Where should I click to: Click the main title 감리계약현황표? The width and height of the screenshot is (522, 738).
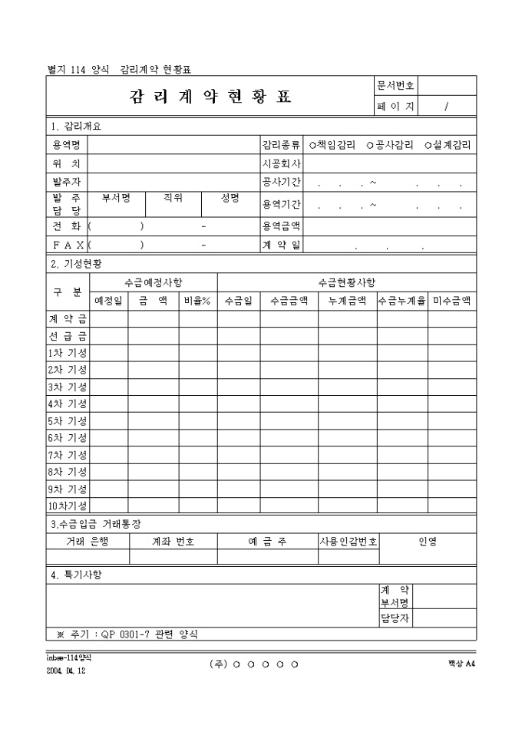tap(210, 97)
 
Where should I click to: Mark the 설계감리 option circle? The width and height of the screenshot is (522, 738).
tap(427, 144)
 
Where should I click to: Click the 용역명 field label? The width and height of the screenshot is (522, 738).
tap(67, 144)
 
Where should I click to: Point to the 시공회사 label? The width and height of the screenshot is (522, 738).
tap(281, 163)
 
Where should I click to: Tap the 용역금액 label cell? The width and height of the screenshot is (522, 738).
tap(281, 226)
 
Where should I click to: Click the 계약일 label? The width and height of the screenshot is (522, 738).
tap(281, 245)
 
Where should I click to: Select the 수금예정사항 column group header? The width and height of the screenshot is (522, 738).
tap(154, 282)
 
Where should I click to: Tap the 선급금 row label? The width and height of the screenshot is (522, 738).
tap(68, 336)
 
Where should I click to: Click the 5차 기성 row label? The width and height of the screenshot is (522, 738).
tap(68, 421)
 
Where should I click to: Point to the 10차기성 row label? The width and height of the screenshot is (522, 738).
tap(68, 506)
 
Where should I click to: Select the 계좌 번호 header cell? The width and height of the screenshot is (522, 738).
tap(173, 541)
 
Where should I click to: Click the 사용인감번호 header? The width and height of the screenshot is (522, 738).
tap(348, 541)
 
